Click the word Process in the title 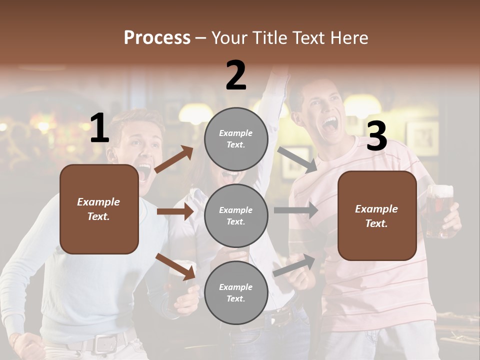tap(157, 38)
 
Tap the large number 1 tap(99, 128)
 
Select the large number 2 tap(236, 75)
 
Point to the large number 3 tap(376, 136)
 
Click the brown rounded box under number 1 tap(99, 209)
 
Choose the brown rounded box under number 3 tap(377, 215)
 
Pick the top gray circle tap(235, 138)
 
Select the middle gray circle tap(235, 215)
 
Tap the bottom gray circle tap(235, 292)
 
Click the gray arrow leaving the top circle tap(297, 159)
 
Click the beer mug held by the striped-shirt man tap(439, 210)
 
